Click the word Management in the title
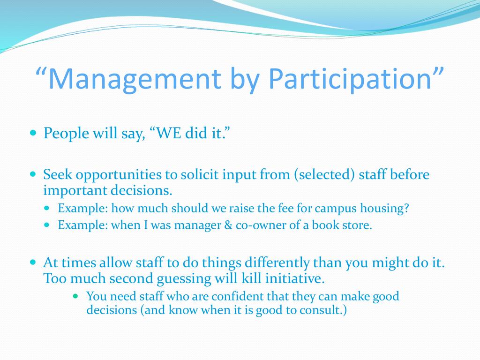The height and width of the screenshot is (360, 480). [x=135, y=78]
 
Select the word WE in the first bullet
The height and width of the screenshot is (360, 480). [x=168, y=134]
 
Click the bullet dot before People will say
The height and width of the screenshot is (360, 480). [x=33, y=133]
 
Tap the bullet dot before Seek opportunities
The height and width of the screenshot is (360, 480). [x=33, y=174]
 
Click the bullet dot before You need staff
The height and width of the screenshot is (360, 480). [x=76, y=296]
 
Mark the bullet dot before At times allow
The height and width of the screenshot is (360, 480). [x=33, y=262]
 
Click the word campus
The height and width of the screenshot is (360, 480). [x=336, y=209]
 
